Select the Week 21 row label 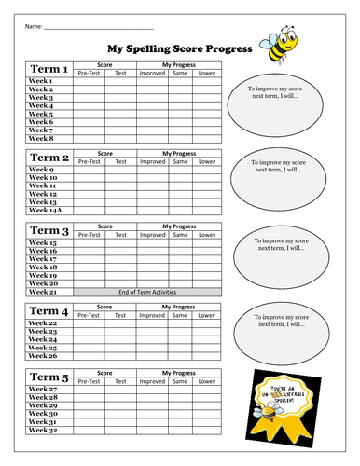[42, 292]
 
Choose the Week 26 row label [42, 356]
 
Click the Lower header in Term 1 [207, 74]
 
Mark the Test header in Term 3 [119, 234]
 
